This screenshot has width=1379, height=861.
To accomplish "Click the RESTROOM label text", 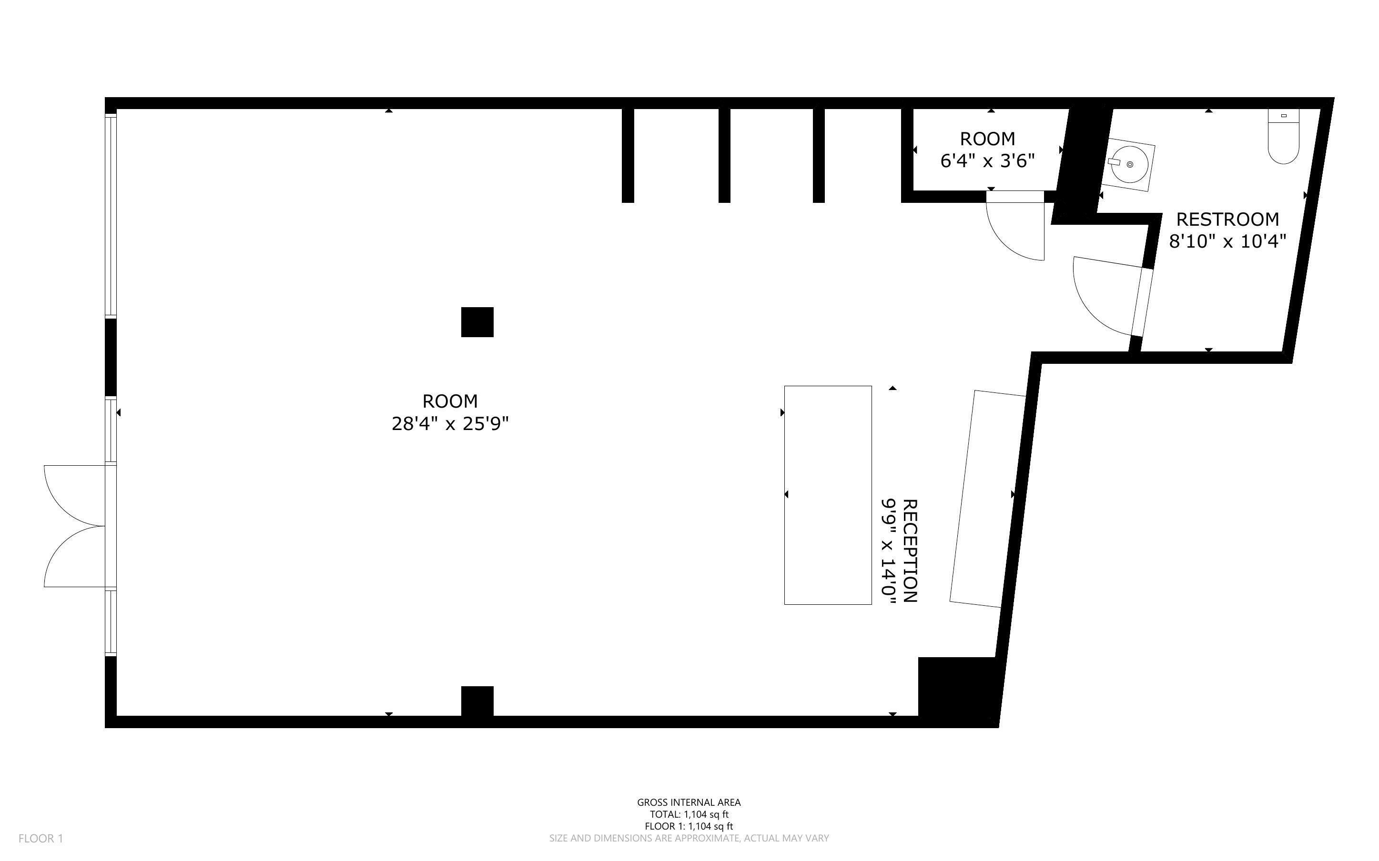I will [1227, 219].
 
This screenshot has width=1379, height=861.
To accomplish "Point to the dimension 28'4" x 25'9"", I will [449, 424].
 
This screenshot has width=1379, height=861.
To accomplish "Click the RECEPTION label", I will [910, 551].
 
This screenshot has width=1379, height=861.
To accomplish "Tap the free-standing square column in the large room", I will [477, 322].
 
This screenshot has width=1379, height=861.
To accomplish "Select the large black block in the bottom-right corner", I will [959, 690].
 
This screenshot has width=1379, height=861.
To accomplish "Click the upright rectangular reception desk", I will [828, 495].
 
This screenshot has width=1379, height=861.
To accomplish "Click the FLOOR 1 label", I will [41, 838].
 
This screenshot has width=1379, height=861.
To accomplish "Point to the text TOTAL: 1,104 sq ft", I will [689, 814].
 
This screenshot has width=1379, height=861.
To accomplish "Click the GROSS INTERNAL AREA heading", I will [689, 802].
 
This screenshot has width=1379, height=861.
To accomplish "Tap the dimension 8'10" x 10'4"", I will [1227, 242].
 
